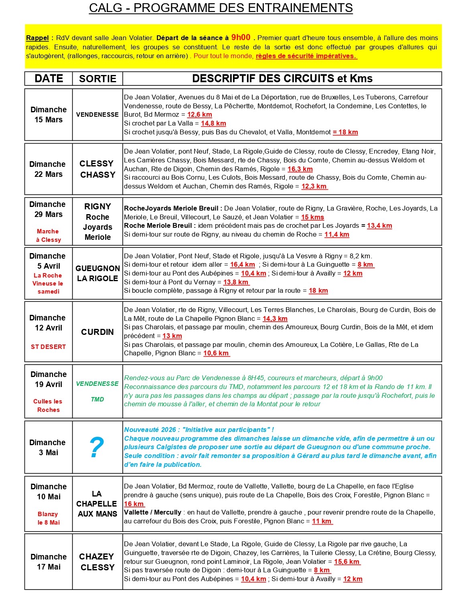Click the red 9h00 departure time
pos(241,37)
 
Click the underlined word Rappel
pos(37,38)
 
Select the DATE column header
pos(49,79)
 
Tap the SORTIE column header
pos(97,79)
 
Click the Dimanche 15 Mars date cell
pos(49,115)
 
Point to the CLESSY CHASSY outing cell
pos(97,169)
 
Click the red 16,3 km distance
pos(300,169)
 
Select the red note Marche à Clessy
pos(48,235)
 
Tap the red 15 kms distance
pos(312,217)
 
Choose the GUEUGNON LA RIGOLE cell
pos(97,274)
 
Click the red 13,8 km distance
pos(236,282)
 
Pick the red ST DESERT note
pos(48,347)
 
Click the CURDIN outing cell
pos(97,332)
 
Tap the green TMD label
pos(97,399)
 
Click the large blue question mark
pos(97,448)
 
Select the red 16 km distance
pos(134,504)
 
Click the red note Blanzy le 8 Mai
pos(48,518)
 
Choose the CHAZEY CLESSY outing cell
pos(97,562)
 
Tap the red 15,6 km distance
pos(347,561)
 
